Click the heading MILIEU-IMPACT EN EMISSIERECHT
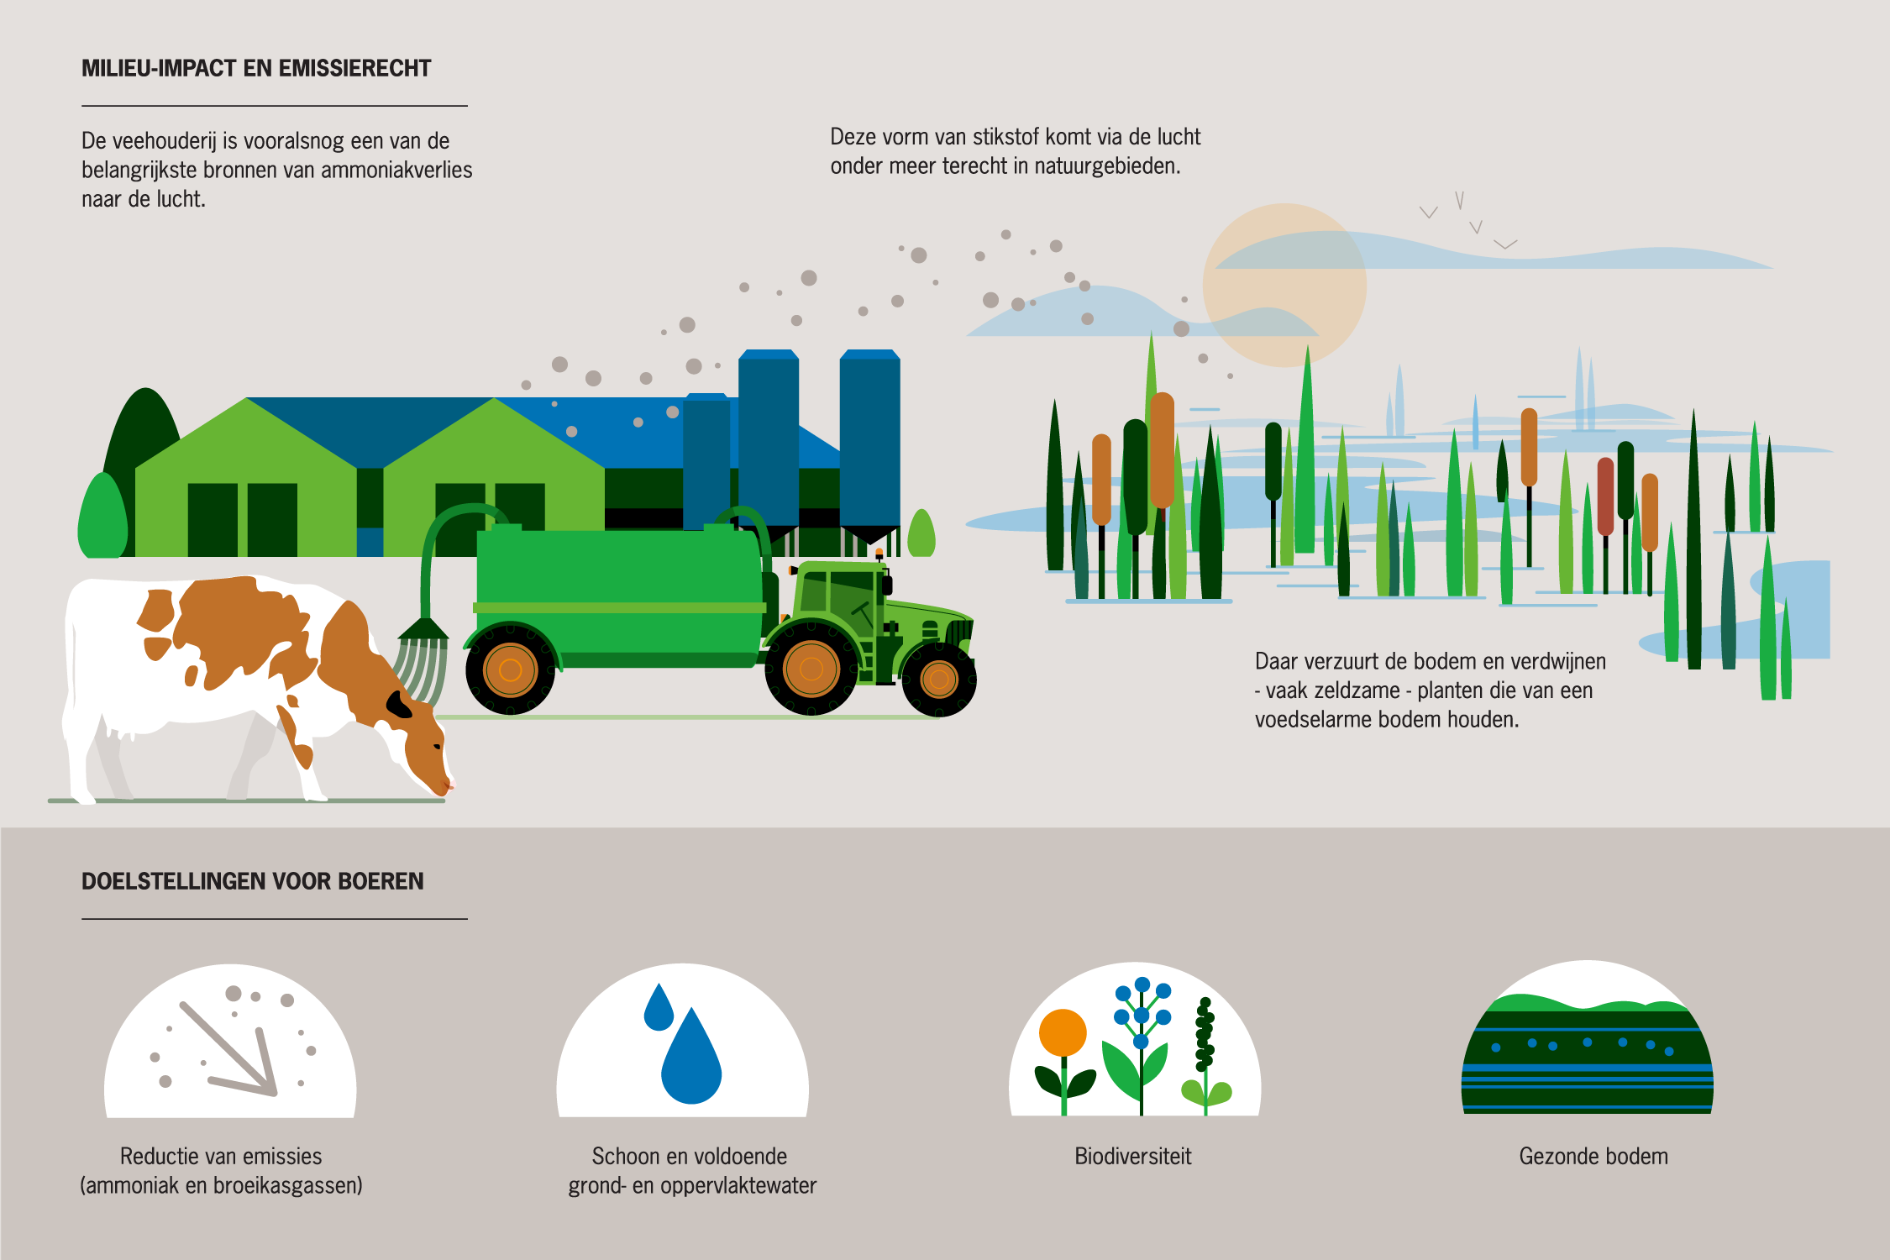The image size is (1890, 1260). (256, 68)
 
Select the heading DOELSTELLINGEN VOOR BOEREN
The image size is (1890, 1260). (253, 881)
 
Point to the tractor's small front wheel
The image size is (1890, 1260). (939, 679)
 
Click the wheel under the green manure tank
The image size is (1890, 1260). (510, 669)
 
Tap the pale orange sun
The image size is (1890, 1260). (1284, 286)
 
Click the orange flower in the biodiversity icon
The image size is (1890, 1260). (1063, 1032)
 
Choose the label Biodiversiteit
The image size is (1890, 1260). (1133, 1157)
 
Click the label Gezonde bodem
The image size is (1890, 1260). (1593, 1157)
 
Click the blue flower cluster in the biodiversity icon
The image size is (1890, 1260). (1142, 1012)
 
